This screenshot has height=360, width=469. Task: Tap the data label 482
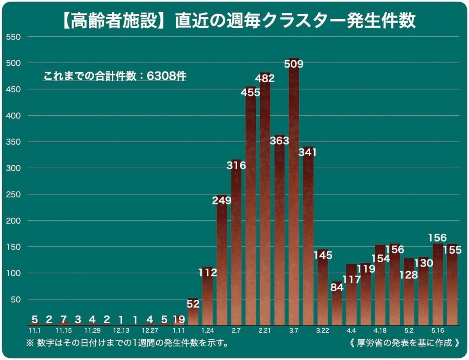265,78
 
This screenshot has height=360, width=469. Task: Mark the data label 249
222,201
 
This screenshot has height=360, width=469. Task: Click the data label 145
322,255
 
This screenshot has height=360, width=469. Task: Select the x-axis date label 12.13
121,331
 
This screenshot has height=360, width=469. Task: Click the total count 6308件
167,75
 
